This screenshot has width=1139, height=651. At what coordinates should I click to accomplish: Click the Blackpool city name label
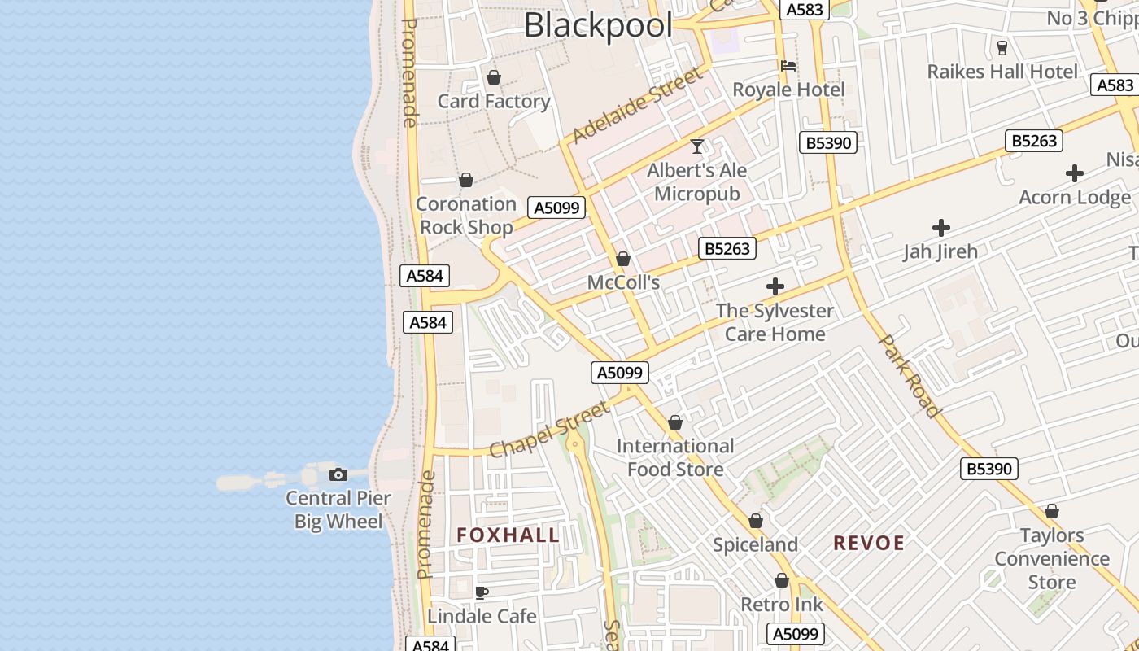coord(598,25)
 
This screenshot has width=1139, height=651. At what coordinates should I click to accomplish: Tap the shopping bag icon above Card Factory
coord(493,78)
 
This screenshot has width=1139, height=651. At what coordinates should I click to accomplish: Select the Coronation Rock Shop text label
coord(466,216)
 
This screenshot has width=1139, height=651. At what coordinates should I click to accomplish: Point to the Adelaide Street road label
coord(635,106)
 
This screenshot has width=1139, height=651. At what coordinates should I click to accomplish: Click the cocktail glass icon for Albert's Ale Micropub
coord(697,146)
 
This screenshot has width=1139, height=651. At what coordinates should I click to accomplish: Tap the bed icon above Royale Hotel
coord(788,66)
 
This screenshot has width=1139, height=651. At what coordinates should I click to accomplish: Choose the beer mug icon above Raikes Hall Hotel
coord(1002,47)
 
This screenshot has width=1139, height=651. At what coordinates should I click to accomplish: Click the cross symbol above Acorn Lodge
coord(1075,173)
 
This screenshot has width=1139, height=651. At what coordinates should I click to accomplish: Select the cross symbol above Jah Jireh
coord(941,228)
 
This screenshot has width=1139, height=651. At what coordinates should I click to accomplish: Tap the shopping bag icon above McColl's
coord(623,259)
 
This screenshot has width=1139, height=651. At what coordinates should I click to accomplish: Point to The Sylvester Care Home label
coord(775,322)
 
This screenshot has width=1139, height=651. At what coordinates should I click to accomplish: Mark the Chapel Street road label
coord(549,429)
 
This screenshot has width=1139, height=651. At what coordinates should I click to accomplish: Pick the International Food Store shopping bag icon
coord(675,423)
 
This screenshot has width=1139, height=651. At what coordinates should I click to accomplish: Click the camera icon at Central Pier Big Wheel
coord(338,474)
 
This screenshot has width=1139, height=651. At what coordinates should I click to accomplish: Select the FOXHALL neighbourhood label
coord(508,535)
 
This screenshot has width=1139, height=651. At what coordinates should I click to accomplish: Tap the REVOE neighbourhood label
coord(869,543)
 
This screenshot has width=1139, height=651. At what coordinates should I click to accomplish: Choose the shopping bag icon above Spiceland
coord(756,521)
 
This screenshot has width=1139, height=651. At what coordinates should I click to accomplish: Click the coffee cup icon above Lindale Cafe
coord(482,592)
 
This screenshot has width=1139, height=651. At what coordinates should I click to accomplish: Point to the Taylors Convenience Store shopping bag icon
coord(1052,512)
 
